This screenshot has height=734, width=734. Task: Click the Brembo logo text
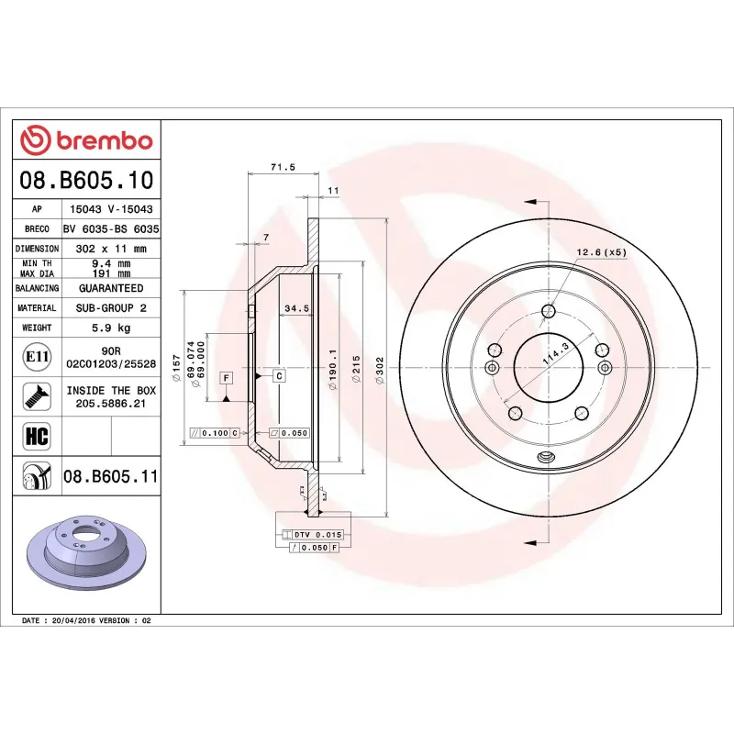105,141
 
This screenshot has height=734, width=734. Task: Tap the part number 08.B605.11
111,476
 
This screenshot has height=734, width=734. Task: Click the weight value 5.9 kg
111,328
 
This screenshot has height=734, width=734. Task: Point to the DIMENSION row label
37,249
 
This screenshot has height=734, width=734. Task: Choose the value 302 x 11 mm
111,249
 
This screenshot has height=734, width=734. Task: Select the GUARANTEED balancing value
111,288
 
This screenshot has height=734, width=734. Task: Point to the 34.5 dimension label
295,307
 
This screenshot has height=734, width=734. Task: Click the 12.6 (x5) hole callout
601,252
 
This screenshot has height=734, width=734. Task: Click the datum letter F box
225,377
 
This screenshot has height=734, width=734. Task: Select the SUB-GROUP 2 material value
111,308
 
